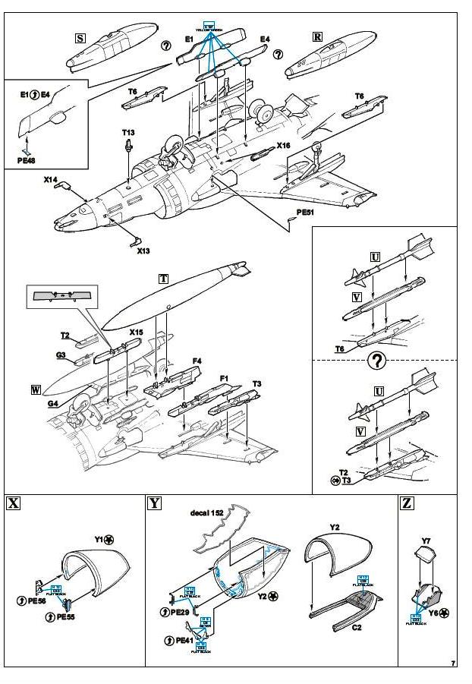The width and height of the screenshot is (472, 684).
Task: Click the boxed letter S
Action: pyautogui.click(x=80, y=37)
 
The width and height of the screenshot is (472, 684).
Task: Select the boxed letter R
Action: pyautogui.click(x=318, y=36)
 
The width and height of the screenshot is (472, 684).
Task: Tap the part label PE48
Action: pyautogui.click(x=27, y=160)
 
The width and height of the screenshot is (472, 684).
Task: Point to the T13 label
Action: pyautogui.click(x=128, y=133)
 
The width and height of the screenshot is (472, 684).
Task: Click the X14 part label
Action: pyautogui.click(x=51, y=181)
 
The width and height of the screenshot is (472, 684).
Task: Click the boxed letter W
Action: pyautogui.click(x=36, y=390)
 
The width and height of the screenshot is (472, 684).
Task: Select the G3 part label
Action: pyautogui.click(x=61, y=355)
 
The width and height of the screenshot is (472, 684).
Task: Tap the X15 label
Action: pyautogui.click(x=135, y=333)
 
